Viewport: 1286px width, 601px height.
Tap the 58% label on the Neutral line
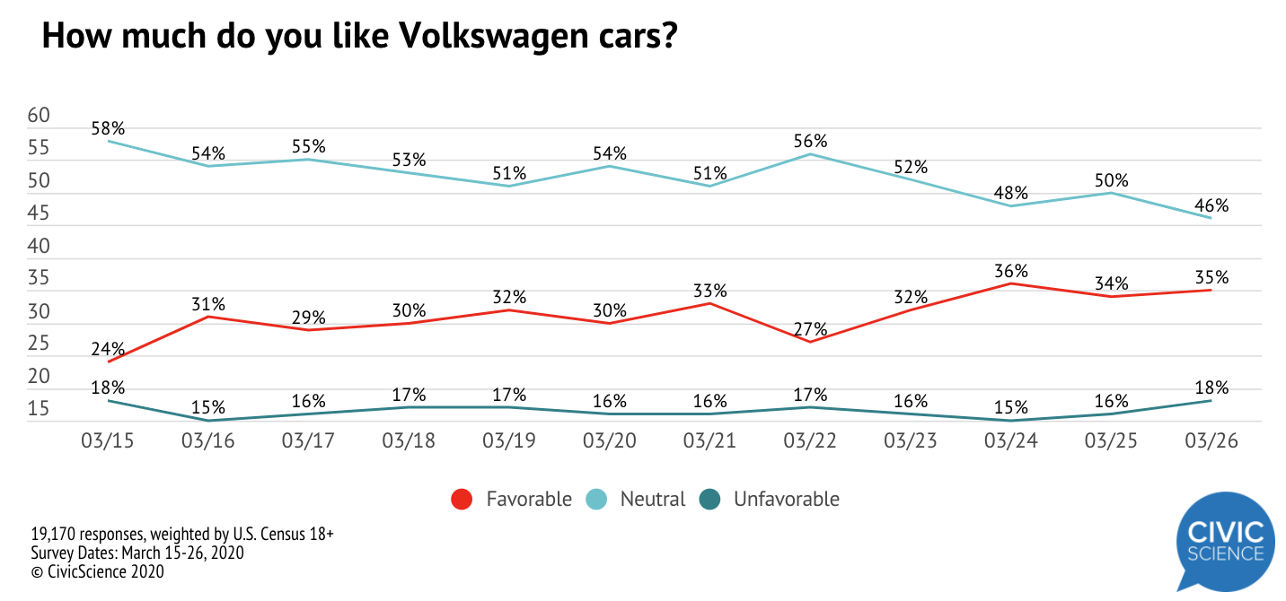pyautogui.click(x=108, y=128)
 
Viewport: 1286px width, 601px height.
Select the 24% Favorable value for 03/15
pyautogui.click(x=108, y=349)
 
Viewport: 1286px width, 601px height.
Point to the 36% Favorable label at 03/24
pyautogui.click(x=1011, y=271)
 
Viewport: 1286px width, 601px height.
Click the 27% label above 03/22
pyautogui.click(x=811, y=328)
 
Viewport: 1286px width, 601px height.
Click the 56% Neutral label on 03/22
pyautogui.click(x=811, y=141)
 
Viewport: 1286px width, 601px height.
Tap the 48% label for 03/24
pyautogui.click(x=1011, y=193)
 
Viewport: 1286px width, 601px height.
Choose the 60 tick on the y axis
pyautogui.click(x=40, y=115)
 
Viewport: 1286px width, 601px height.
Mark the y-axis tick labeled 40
pyautogui.click(x=40, y=246)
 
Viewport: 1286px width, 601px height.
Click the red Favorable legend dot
pyautogui.click(x=462, y=500)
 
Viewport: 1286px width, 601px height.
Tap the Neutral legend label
pyautogui.click(x=652, y=500)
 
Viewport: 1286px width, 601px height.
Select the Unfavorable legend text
pyautogui.click(x=786, y=500)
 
